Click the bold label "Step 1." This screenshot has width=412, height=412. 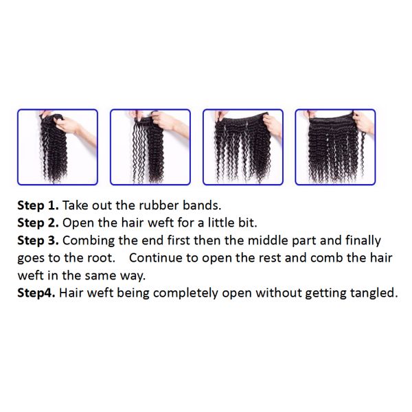point(38,205)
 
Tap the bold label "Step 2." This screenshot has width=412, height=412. point(38,222)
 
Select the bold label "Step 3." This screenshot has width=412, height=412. point(38,240)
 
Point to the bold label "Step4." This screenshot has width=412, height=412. point(36,293)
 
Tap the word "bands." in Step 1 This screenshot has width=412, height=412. point(202,205)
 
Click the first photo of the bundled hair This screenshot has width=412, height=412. point(58,147)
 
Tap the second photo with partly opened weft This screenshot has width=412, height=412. point(150,147)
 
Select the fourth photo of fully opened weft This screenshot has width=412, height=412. point(336,147)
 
